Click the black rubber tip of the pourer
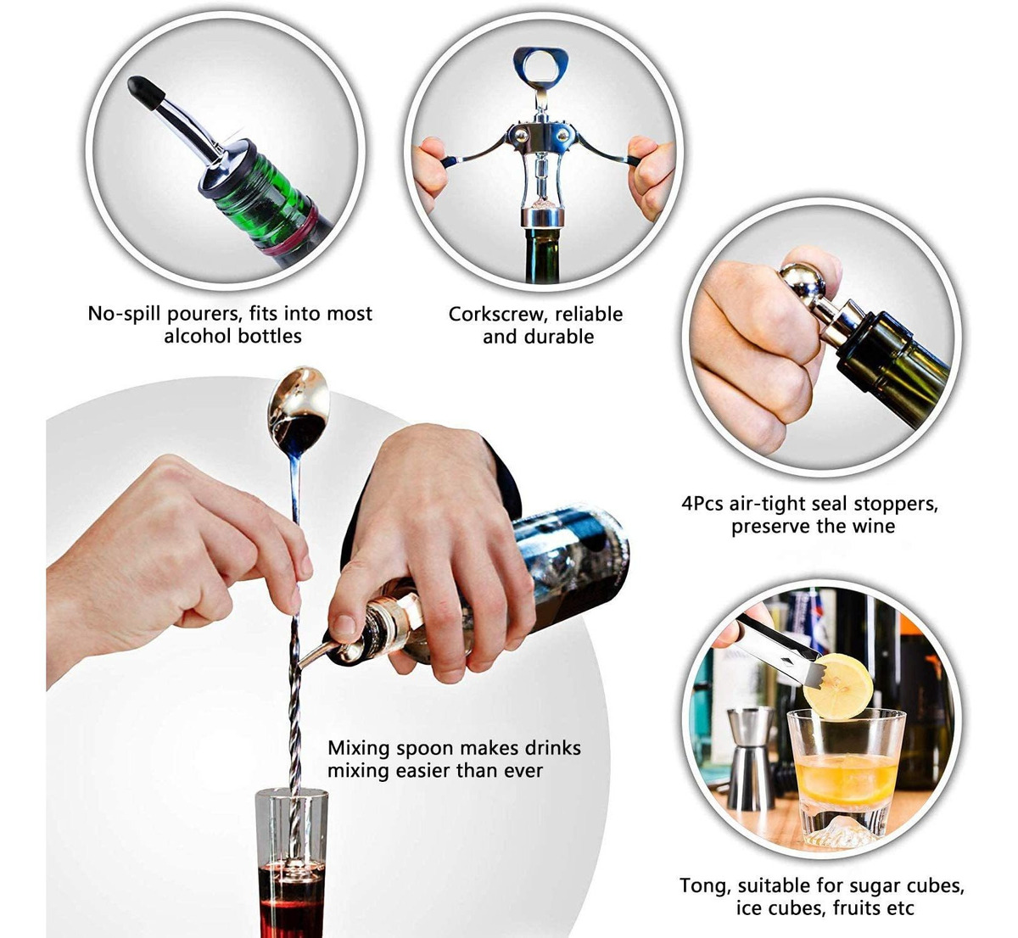[144, 92]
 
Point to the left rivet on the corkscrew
[520, 135]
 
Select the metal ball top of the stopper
[802, 284]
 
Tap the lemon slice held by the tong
[838, 686]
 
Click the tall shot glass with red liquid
[291, 863]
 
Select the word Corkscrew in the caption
[495, 314]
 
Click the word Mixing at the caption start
[359, 748]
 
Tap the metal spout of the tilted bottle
[317, 655]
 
